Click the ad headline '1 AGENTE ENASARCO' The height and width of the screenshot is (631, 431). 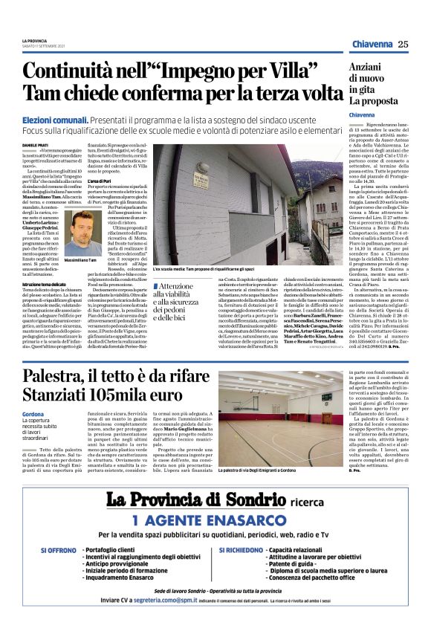pos(215,539)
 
